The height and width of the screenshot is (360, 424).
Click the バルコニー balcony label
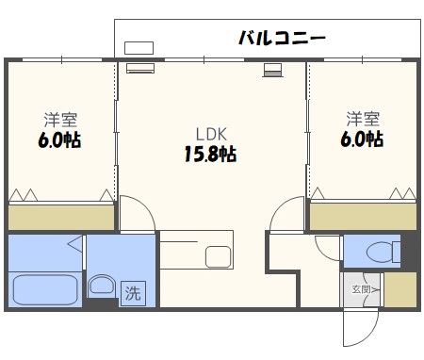coord(282,39)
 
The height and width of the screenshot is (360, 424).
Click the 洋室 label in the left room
coord(60,120)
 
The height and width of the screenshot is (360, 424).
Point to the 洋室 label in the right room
coord(363,120)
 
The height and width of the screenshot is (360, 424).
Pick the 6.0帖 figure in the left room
coord(60,139)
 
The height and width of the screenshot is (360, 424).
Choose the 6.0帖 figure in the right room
coord(363,139)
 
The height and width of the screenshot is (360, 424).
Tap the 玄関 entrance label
coord(362,289)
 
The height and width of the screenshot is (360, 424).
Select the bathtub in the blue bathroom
coord(45,288)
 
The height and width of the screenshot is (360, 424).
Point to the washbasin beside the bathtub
coord(101,286)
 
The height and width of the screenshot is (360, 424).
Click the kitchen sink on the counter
coord(218,256)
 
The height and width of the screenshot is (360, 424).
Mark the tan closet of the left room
coord(60,218)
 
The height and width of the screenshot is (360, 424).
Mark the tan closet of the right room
coord(363,218)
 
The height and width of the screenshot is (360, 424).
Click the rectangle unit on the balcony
coord(139,47)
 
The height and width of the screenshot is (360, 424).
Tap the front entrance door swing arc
coord(358,325)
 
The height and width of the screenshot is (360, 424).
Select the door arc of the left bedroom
coord(135,214)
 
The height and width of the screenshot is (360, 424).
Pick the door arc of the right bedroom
coord(285,216)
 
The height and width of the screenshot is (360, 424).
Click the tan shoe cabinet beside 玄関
coord(400,289)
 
